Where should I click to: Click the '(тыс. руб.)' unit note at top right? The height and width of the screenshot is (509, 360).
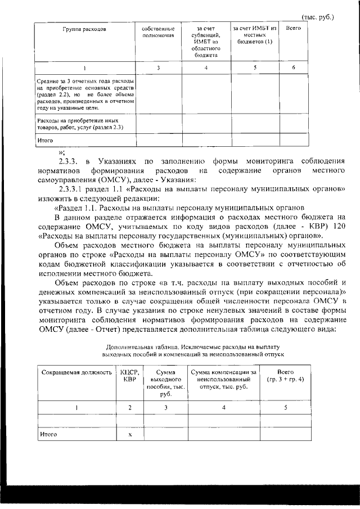point(318,17)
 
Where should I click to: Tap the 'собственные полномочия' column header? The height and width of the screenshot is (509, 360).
point(159,31)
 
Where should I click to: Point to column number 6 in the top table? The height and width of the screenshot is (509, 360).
point(294,68)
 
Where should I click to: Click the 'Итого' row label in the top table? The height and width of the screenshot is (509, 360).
point(45,140)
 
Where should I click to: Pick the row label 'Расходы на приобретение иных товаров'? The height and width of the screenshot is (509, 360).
point(79,124)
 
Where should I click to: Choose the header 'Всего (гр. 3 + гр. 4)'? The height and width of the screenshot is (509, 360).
point(286,376)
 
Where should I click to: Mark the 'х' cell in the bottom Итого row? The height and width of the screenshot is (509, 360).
point(130,434)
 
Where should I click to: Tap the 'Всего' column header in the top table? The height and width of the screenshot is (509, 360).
point(294,28)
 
